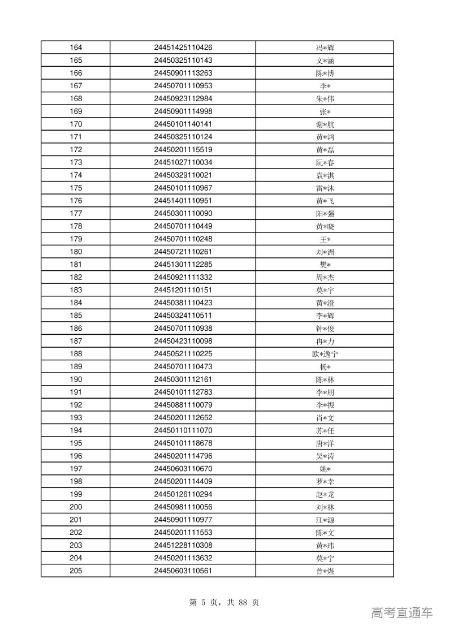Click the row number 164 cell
pos(76,47)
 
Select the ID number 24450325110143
pos(183,61)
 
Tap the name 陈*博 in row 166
pos(325,74)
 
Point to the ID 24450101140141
pos(183,124)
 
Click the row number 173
pos(76,163)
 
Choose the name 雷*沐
pos(325,188)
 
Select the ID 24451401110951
pos(183,201)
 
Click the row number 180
pos(76,252)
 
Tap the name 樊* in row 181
pos(325,265)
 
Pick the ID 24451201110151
pos(183,290)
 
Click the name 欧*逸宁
pos(325,354)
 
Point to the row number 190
pos(76,379)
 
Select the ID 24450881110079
pos(183,405)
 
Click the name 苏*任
pos(325,431)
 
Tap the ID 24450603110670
pos(183,469)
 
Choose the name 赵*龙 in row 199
pos(325,495)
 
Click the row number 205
pos(76,571)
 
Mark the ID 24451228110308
pos(183,546)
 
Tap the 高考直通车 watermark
pos(401,612)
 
